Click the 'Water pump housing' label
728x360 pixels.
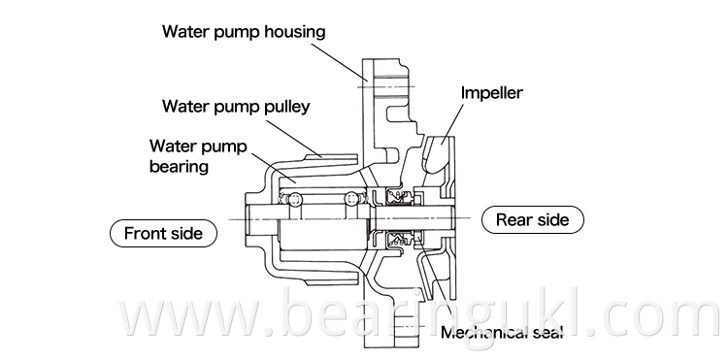tap(244, 32)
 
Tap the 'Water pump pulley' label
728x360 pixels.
tap(236, 107)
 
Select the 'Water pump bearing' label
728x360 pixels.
tap(198, 156)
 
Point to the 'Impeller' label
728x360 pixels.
tap(492, 93)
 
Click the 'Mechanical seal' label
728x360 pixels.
tap(502, 332)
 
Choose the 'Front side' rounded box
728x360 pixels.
tap(163, 233)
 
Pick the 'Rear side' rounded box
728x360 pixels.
tap(533, 219)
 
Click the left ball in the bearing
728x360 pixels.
tap(294, 200)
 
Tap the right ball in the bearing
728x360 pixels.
tap(351, 200)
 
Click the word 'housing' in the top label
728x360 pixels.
tap(295, 33)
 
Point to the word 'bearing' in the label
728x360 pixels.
tap(180, 167)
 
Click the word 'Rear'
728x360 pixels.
tap(513, 219)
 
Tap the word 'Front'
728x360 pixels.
tap(143, 233)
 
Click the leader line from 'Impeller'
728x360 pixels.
tap(453, 121)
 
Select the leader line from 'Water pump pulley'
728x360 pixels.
tap(293, 138)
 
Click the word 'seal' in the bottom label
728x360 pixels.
tap(547, 332)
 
